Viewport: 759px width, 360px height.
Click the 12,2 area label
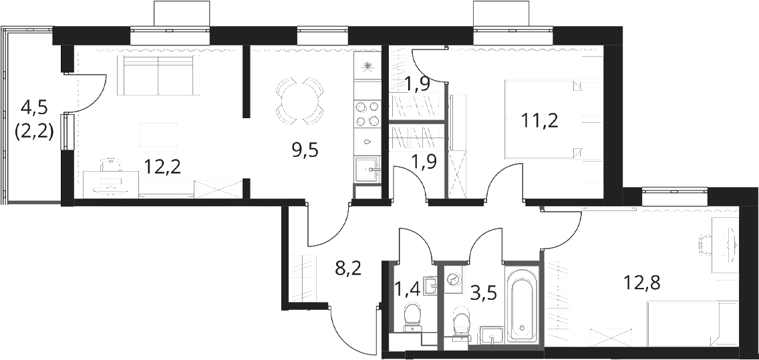(x=162, y=167)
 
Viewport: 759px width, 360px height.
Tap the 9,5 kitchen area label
(x=305, y=151)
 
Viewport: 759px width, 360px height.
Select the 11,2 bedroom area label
(x=540, y=120)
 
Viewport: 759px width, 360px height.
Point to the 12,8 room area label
(x=642, y=281)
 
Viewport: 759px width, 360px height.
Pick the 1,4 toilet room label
(x=408, y=290)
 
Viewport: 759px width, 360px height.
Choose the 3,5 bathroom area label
(x=484, y=293)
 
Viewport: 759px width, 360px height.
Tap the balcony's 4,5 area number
(x=34, y=108)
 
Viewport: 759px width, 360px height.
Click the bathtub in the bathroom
(x=521, y=304)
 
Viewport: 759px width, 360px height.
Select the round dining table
(x=299, y=101)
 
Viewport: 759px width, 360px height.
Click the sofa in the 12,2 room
(x=158, y=75)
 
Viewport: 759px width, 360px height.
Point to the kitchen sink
(x=368, y=170)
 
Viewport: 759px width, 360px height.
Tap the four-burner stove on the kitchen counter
(x=367, y=114)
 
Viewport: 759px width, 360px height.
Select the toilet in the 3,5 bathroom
(x=461, y=325)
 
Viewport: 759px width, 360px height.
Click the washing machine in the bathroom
(x=454, y=279)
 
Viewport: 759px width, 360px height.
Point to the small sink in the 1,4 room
(x=430, y=285)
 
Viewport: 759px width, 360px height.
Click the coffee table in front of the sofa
(x=158, y=134)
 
